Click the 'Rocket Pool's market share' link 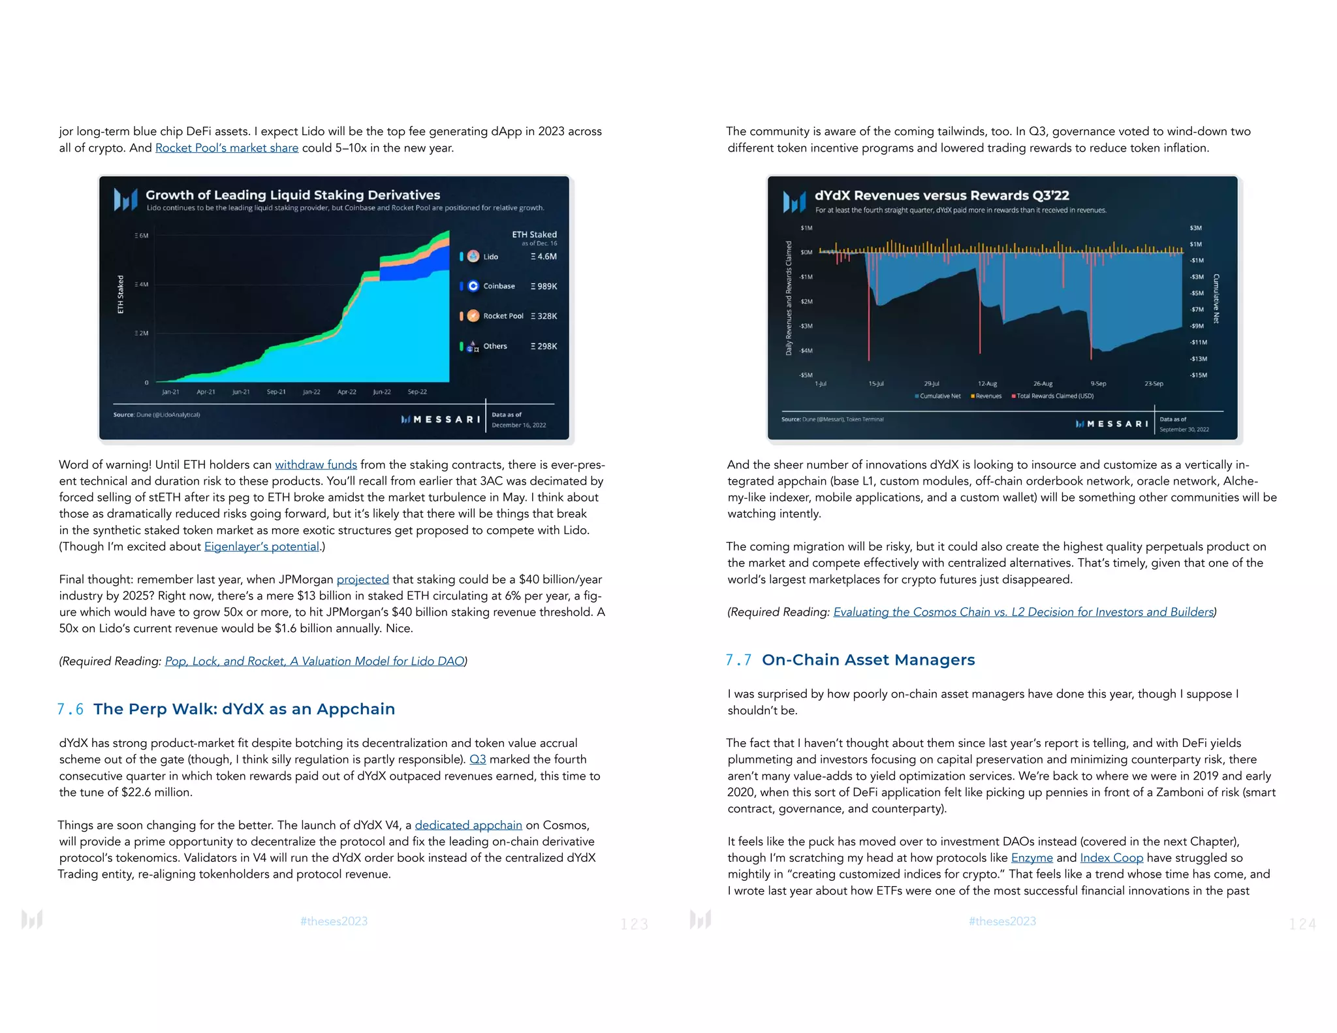tap(227, 148)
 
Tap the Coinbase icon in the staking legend tap(473, 286)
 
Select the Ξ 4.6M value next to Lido tap(544, 257)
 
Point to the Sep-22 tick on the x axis tap(417, 392)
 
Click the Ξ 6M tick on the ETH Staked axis tap(142, 236)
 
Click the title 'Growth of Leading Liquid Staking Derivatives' tap(292, 195)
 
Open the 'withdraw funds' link tap(316, 465)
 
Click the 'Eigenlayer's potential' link tap(262, 547)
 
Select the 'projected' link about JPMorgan tap(362, 579)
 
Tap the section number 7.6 tap(71, 709)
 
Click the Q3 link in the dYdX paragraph tap(477, 759)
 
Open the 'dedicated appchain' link tap(468, 825)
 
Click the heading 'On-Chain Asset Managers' tap(868, 660)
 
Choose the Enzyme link tap(1031, 858)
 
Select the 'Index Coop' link tap(1111, 858)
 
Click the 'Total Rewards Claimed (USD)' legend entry tap(1054, 396)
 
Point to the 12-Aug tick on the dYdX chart tap(987, 384)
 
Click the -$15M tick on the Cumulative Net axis tap(1198, 375)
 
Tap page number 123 tap(634, 924)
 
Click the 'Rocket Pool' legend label tap(503, 316)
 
